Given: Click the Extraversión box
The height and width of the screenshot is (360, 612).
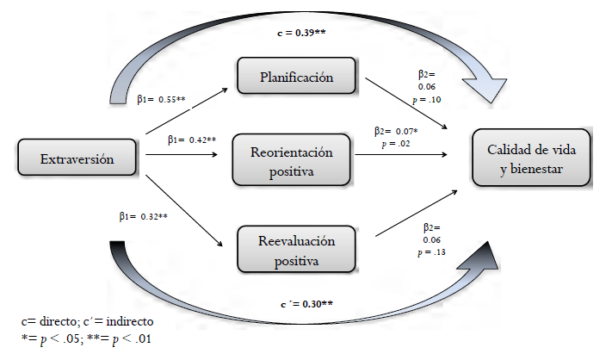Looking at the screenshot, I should click(x=77, y=159).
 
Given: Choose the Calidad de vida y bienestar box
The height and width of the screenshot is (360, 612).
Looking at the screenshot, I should click(x=529, y=158).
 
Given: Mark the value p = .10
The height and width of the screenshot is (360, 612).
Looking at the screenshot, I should click(x=430, y=100).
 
